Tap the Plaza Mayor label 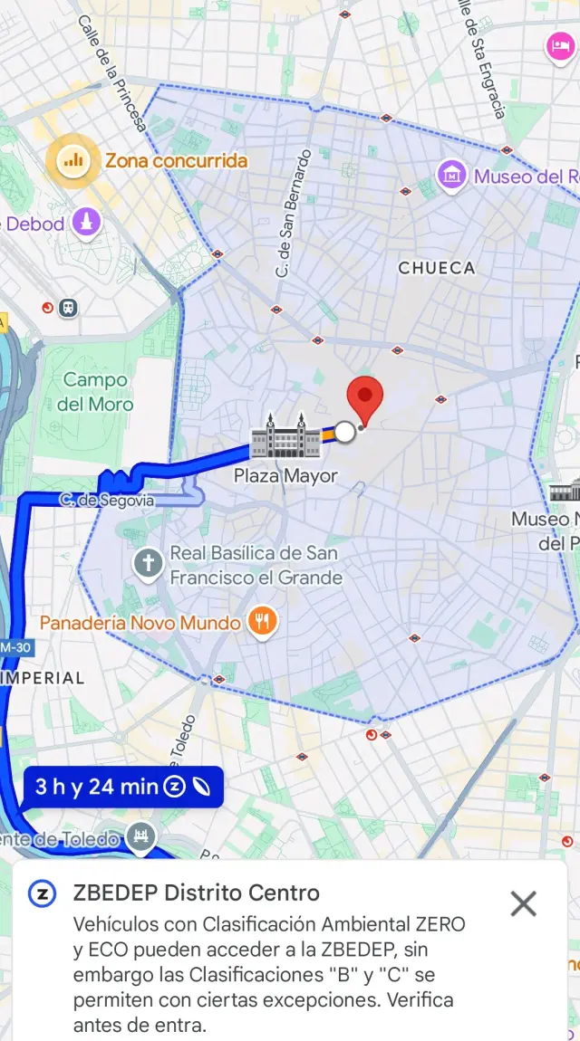tap(285, 476)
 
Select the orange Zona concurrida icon tap(72, 161)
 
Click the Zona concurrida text tap(176, 161)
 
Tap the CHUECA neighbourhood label tap(436, 268)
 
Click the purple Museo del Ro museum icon tap(451, 176)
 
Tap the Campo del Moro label tap(95, 392)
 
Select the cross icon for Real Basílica tap(147, 564)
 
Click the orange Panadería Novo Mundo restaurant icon tap(263, 622)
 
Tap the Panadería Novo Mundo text tap(140, 623)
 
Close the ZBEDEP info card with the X tap(523, 903)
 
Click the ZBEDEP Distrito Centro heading tap(196, 893)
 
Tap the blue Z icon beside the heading tap(42, 893)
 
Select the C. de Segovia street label tap(106, 500)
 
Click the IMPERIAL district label tap(43, 678)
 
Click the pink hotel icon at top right tap(557, 45)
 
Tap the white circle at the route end tap(345, 433)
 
